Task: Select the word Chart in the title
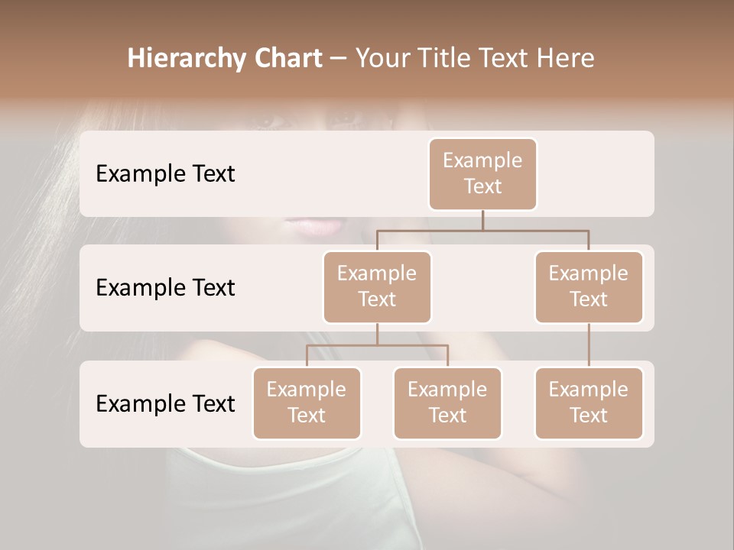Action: [285, 58]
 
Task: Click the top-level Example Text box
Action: [482, 173]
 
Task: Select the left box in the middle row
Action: [377, 286]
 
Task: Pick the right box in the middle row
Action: [589, 286]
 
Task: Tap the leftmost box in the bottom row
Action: [307, 403]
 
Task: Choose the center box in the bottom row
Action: [447, 403]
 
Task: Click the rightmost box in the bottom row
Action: [589, 403]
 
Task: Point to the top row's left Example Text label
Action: [165, 173]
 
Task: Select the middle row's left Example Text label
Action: [165, 287]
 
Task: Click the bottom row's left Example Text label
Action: [165, 403]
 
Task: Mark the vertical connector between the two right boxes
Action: [589, 345]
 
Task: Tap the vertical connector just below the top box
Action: [482, 220]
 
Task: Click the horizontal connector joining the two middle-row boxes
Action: [482, 230]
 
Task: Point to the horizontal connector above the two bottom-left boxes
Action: [377, 345]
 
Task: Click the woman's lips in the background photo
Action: [314, 226]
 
